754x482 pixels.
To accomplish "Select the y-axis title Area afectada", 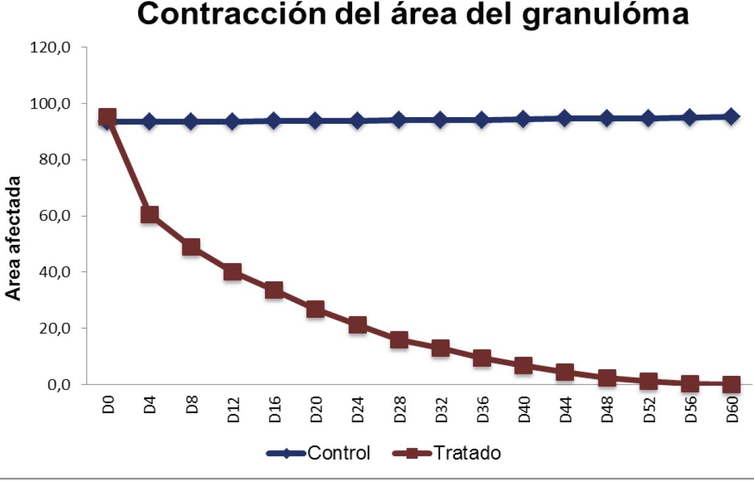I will click(x=13, y=239).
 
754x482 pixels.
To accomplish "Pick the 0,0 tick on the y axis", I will click(x=58, y=385).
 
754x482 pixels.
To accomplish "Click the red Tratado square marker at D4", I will click(x=150, y=214).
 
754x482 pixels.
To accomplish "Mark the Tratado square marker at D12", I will click(x=233, y=272).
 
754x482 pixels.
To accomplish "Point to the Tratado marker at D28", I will click(x=399, y=340).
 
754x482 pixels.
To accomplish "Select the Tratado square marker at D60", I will click(x=731, y=384).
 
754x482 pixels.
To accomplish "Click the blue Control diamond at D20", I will click(x=316, y=120).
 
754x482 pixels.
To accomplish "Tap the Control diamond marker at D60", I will click(x=731, y=117).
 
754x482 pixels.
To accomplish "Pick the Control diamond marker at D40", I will click(x=523, y=119).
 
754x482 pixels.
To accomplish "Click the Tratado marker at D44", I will click(x=565, y=372).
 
